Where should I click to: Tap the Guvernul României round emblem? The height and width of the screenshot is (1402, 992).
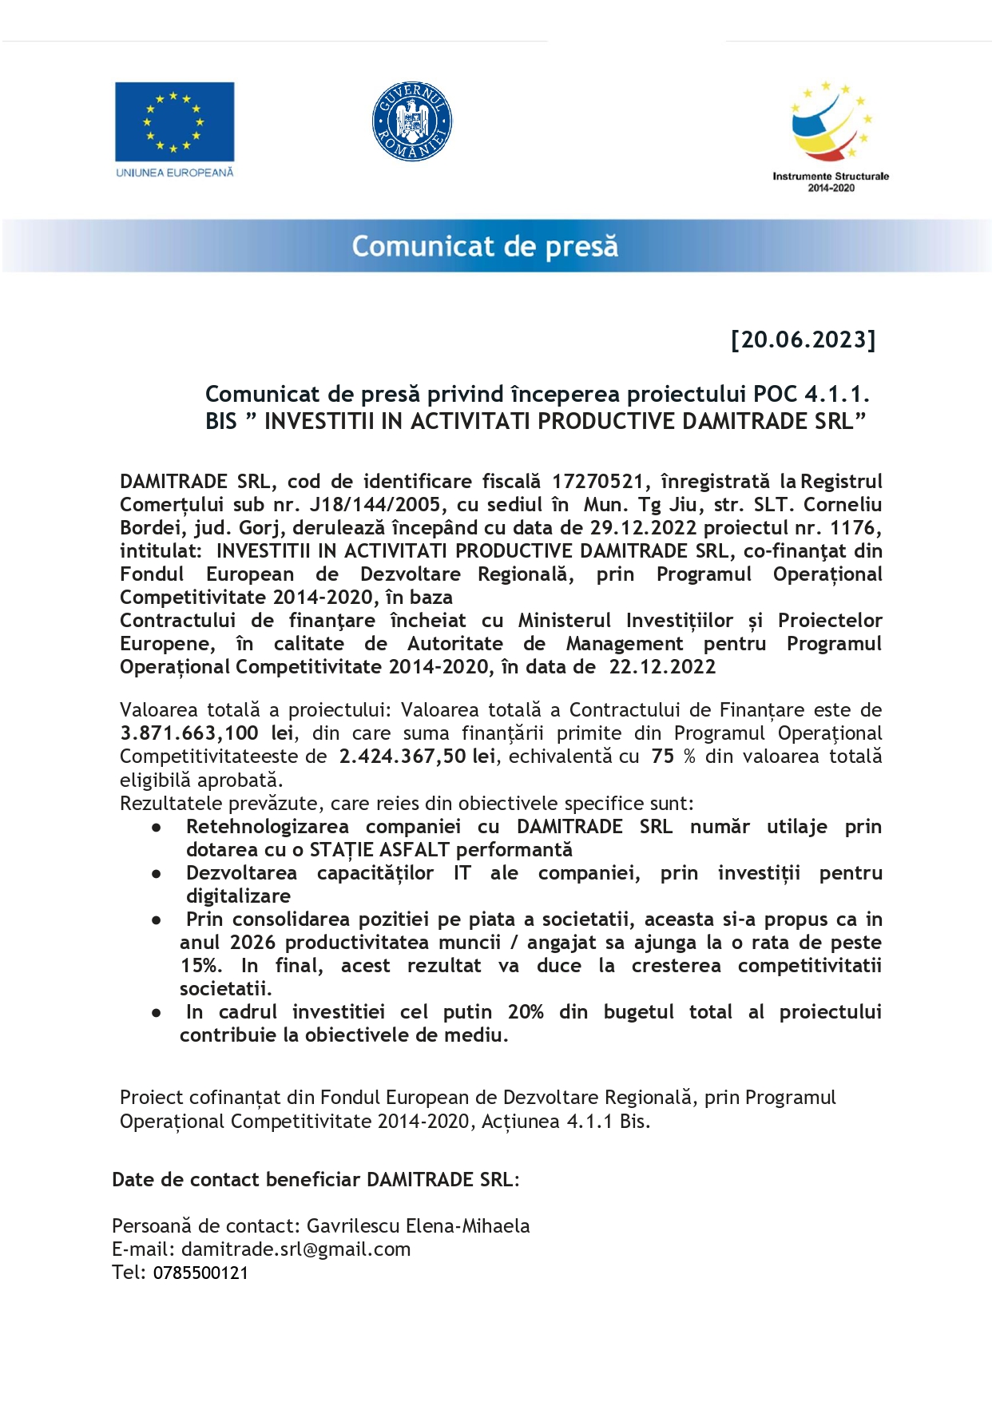click(412, 121)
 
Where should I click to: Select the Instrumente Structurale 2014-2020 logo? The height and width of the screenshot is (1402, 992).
click(831, 136)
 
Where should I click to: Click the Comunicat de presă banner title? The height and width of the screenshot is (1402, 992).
click(485, 246)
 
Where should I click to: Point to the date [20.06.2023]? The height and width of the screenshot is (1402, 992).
click(803, 340)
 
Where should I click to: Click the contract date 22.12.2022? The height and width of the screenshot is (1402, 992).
click(662, 667)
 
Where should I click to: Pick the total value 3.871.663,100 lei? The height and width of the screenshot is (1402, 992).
click(207, 733)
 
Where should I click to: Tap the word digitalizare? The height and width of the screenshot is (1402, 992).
click(238, 896)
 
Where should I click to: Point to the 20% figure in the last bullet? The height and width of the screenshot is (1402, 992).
click(526, 1012)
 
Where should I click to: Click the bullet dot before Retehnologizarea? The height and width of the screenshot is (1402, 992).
click(157, 828)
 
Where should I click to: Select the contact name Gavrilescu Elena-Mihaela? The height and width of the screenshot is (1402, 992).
click(418, 1226)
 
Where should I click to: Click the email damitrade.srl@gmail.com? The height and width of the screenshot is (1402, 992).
click(296, 1249)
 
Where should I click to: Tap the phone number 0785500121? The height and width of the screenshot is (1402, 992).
click(200, 1273)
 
